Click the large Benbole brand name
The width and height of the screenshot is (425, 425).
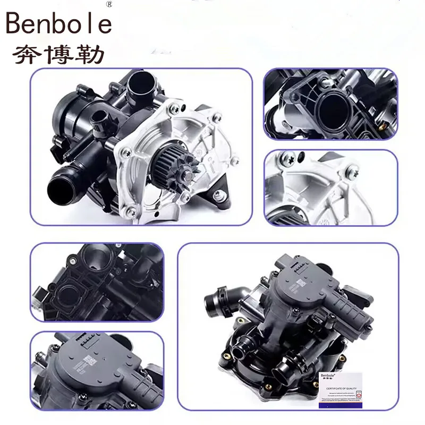click(59, 24)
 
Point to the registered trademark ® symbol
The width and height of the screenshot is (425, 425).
click(109, 4)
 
